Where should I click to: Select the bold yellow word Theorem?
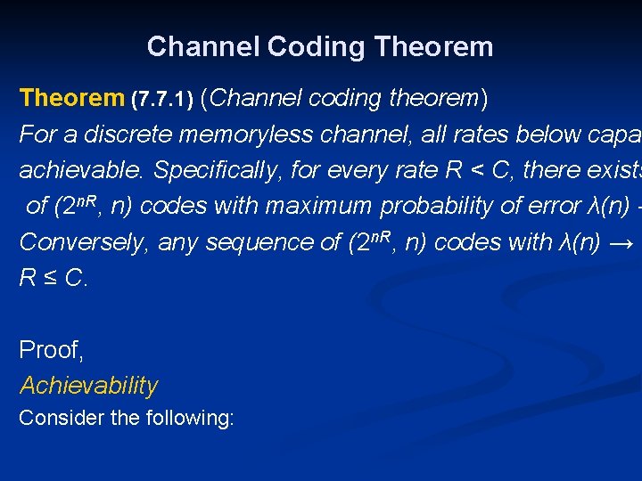[72, 98]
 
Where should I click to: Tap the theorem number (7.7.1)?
[162, 100]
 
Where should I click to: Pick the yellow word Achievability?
[88, 386]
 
